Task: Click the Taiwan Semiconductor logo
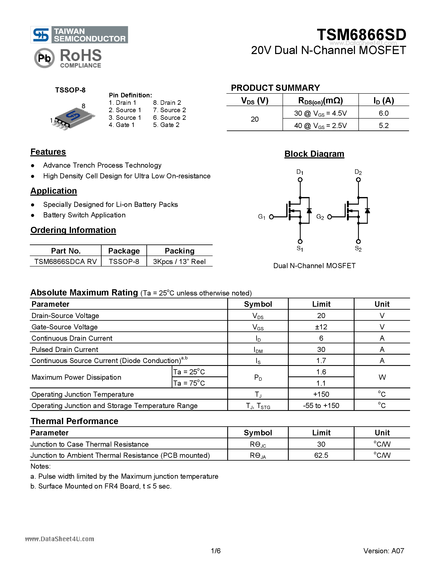79,35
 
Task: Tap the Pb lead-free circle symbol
44,58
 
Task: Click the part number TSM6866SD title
361,35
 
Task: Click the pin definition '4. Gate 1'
122,125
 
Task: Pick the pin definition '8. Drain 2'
167,103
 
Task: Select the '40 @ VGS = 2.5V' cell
320,126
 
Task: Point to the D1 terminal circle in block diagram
300,180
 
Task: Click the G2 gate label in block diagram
320,217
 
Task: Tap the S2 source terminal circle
358,241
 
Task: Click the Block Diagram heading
314,154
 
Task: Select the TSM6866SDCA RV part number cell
65,262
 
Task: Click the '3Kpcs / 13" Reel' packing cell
179,262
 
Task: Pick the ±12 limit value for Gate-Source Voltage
321,327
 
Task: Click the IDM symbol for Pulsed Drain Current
258,350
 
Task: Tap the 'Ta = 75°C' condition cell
189,383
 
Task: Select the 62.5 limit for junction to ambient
321,455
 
